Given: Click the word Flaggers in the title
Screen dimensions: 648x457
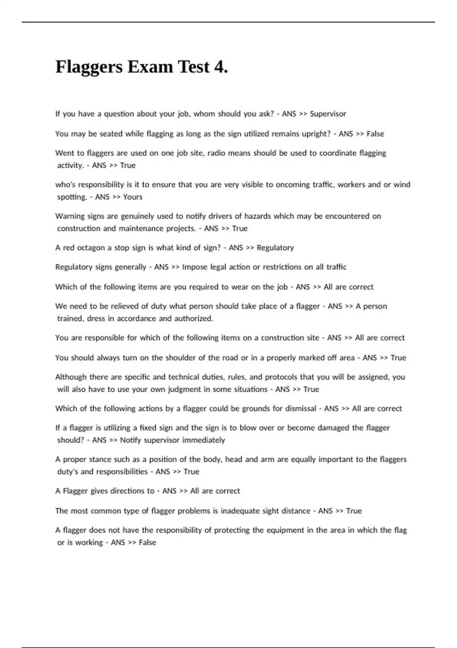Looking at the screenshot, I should pyautogui.click(x=89, y=67).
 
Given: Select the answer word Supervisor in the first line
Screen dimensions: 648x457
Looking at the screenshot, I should pyautogui.click(x=328, y=114).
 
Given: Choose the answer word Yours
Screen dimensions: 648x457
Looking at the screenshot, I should pyautogui.click(x=133, y=197).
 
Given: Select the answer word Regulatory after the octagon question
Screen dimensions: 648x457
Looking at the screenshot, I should pyautogui.click(x=275, y=248).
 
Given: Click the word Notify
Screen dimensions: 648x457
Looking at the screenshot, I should pyautogui.click(x=131, y=440).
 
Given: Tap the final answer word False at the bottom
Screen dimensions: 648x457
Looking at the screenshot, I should pyautogui.click(x=147, y=542).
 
